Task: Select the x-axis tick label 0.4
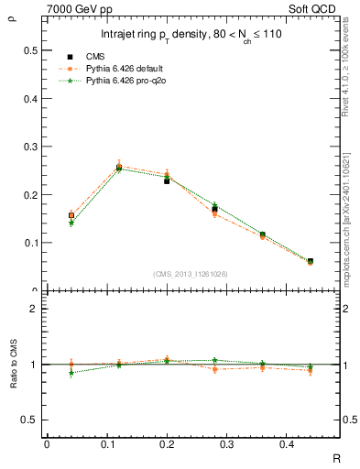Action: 310,444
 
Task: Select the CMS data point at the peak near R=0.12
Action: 119,168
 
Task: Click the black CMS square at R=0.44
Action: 310,261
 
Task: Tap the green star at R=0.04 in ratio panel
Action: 71,373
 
